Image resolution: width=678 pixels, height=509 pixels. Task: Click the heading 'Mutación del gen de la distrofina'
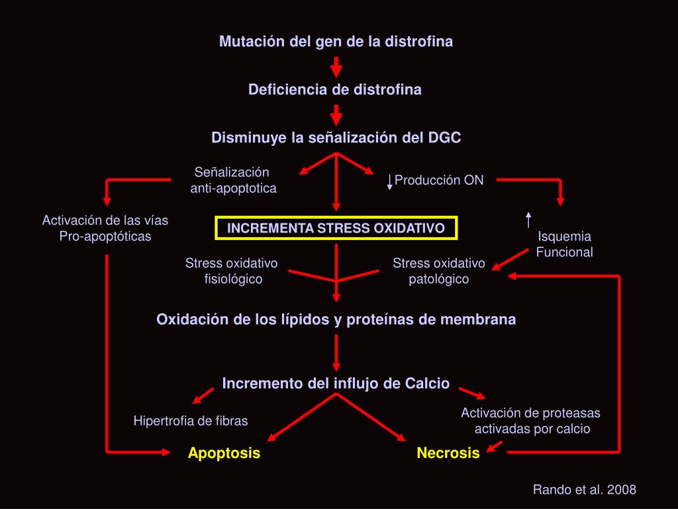336,42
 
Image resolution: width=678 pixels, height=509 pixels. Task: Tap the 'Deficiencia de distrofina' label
334,89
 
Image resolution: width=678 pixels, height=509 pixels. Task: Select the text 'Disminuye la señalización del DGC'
336,138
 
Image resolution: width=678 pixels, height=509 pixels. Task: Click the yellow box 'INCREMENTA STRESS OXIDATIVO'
336,228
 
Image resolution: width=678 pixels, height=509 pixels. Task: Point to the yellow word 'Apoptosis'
224,453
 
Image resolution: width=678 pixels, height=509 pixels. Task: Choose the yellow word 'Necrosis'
448,453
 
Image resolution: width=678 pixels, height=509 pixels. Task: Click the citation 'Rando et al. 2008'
585,490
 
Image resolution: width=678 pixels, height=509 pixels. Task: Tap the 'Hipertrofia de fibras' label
191,420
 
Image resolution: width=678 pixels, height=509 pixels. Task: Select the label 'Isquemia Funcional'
564,244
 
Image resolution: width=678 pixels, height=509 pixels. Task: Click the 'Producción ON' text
439,180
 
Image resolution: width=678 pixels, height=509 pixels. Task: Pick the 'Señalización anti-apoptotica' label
233,180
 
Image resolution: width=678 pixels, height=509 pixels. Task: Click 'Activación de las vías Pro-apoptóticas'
105,228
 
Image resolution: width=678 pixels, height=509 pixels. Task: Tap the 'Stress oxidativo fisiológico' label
232,271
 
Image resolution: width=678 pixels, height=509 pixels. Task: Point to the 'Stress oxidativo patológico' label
438,271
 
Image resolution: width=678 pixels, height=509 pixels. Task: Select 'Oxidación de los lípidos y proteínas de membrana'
336,319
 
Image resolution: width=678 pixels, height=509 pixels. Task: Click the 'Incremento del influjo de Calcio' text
336,384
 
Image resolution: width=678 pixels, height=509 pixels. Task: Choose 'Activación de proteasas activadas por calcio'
531,421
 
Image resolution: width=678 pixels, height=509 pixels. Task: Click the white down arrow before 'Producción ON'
390,182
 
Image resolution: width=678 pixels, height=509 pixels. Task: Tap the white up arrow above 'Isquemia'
528,219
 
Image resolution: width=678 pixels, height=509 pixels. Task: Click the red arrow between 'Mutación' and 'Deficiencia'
336,66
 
